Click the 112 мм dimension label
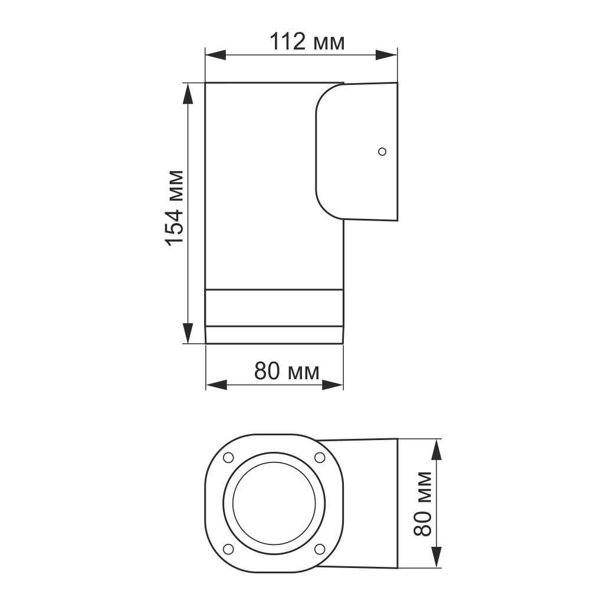tap(307, 42)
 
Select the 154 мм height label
tap(173, 208)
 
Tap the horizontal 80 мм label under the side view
tap(287, 372)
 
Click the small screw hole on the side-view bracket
tap(382, 152)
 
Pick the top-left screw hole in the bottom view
tap(228, 458)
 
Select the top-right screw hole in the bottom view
tap(319, 458)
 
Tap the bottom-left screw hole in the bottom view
tap(228, 549)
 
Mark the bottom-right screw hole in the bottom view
tap(319, 549)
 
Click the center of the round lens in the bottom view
tap(274, 504)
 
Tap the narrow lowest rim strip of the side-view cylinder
tap(274, 334)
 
